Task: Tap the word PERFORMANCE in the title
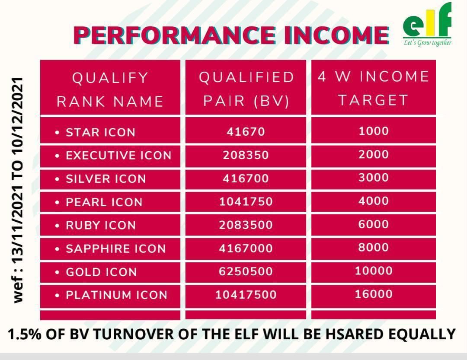click(175, 35)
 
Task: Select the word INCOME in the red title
click(336, 35)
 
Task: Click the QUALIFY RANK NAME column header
click(110, 89)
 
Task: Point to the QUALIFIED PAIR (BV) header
click(246, 89)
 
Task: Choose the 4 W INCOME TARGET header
click(374, 88)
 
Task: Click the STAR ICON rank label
click(101, 132)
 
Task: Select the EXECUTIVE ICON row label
click(118, 156)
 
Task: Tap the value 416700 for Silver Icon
click(246, 178)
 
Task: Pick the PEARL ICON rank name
click(104, 202)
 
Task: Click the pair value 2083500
click(246, 225)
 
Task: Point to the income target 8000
click(374, 248)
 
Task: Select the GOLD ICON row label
click(101, 272)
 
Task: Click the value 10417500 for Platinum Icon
click(246, 295)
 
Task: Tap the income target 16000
click(374, 294)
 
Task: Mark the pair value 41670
click(246, 132)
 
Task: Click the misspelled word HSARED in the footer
click(354, 334)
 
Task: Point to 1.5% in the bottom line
click(24, 334)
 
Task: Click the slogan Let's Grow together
click(427, 43)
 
